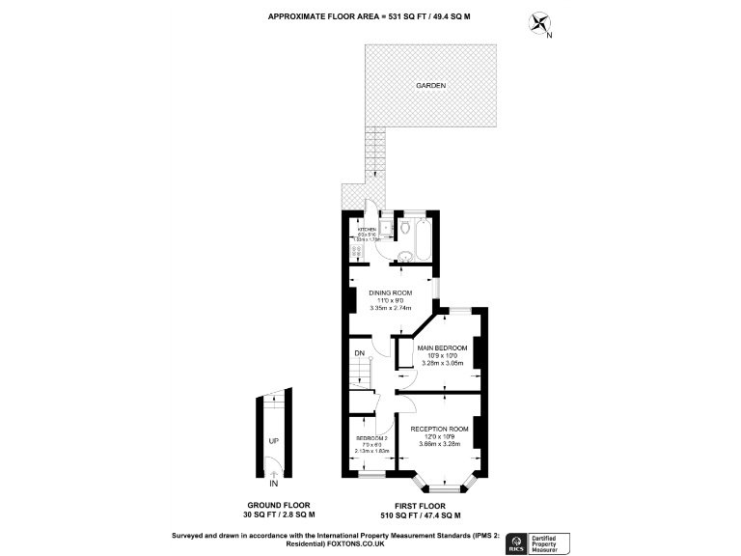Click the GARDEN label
coord(430,86)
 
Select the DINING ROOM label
coord(391,292)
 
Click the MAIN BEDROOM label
coord(442,347)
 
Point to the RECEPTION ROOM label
coord(439,429)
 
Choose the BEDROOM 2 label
coord(370,439)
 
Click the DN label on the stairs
coord(359,353)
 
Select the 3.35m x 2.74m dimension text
coord(391,309)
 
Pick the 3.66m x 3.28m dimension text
coord(439,444)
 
